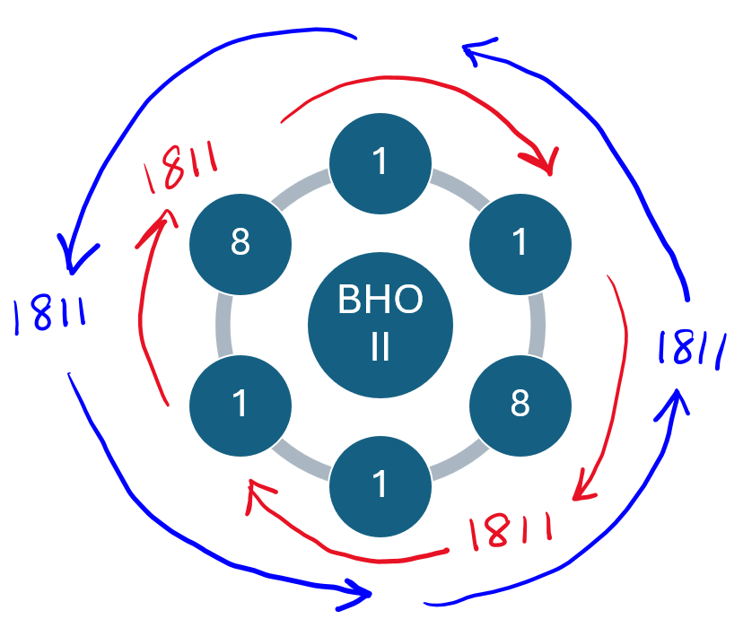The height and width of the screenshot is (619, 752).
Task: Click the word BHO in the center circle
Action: click(380, 301)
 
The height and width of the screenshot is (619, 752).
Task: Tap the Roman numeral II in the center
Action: click(380, 347)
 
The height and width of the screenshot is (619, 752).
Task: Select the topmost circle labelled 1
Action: click(380, 162)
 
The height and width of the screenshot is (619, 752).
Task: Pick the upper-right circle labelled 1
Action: click(520, 243)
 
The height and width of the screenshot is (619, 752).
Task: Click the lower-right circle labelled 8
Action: click(520, 405)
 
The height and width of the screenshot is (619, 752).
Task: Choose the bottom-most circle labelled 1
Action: click(380, 485)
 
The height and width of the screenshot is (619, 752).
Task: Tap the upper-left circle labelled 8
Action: click(240, 243)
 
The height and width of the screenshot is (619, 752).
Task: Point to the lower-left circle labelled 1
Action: click(240, 405)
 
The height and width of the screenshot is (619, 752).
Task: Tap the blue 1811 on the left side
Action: click(50, 315)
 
